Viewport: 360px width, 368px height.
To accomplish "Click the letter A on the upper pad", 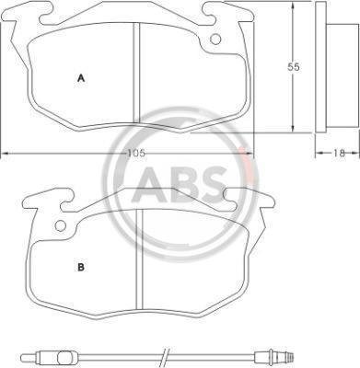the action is pos(81,78).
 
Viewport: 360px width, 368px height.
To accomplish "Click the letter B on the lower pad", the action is pos(81,268).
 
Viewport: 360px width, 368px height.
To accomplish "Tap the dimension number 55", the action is pos(294,67).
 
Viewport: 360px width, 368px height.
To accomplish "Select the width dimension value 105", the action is pos(136,153).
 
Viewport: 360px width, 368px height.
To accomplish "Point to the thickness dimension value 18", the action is pos(339,153).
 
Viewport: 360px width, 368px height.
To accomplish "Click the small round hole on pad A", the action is pos(215,40).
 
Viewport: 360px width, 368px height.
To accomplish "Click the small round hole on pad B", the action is pos(60,226).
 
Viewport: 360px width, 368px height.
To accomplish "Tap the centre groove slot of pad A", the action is pos(136,73).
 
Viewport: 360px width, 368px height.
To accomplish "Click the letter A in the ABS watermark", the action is pos(150,184).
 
